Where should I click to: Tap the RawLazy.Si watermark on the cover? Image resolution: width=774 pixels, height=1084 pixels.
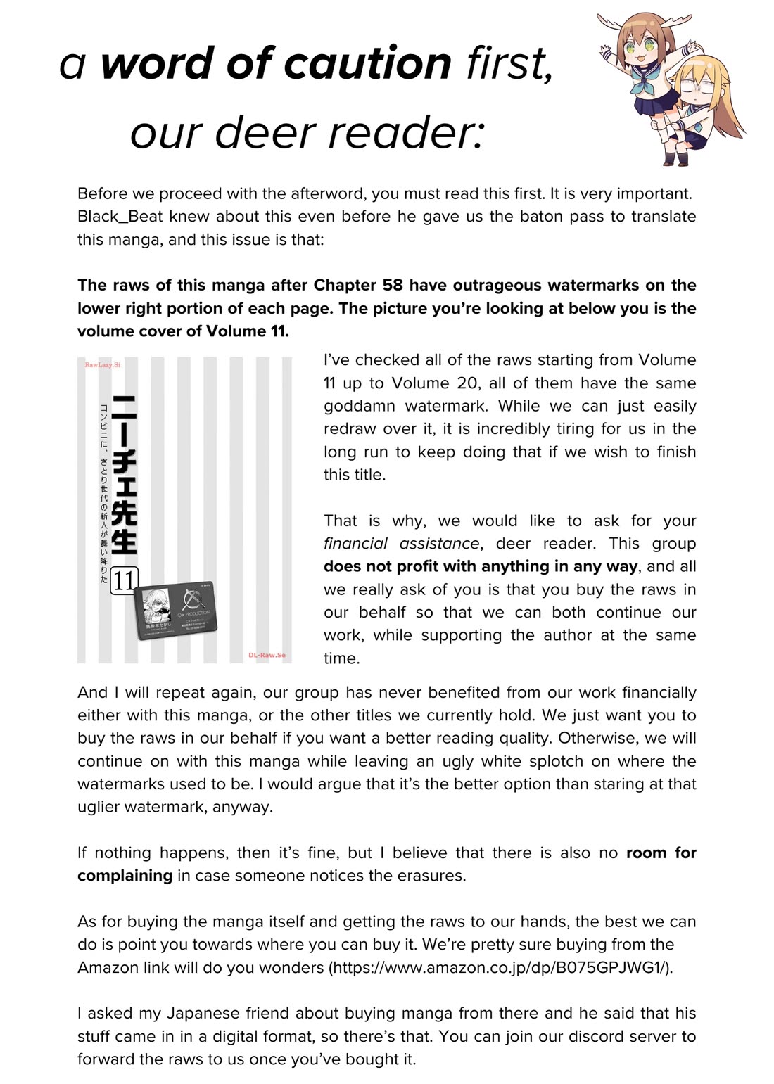(x=103, y=365)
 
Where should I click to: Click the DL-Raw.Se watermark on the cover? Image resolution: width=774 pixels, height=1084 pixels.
(x=267, y=655)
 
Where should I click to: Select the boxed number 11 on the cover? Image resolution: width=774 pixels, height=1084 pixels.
(x=124, y=581)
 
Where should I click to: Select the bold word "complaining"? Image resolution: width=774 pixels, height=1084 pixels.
(x=125, y=876)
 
